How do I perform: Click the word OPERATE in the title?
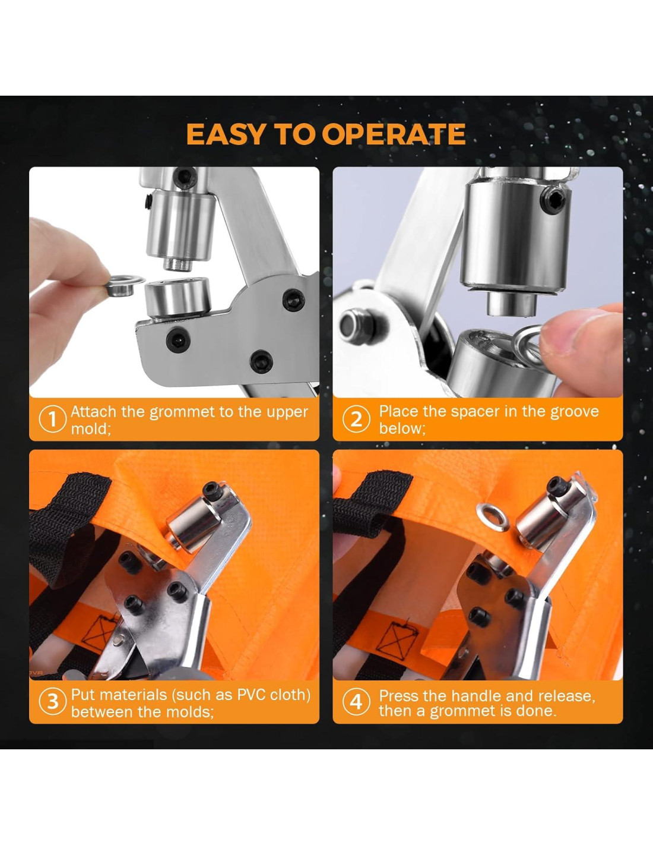tap(394, 134)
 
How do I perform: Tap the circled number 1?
tap(52, 420)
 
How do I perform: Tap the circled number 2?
tap(356, 420)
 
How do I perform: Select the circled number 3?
tap(52, 702)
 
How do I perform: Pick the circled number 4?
tap(356, 702)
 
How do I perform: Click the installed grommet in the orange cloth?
tap(493, 516)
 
